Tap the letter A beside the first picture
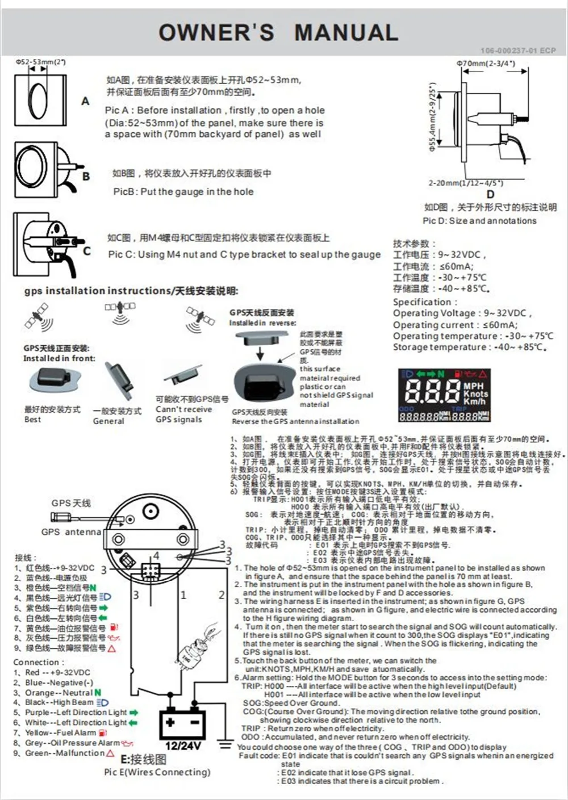(x=85, y=101)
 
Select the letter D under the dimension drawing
(x=490, y=194)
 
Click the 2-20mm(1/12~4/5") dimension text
(x=465, y=183)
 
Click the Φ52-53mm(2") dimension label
(x=40, y=61)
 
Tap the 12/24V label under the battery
(x=183, y=745)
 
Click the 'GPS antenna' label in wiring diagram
(x=71, y=532)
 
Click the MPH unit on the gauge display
(x=474, y=386)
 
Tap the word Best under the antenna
(x=32, y=420)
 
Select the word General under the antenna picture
(x=108, y=421)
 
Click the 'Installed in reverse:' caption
(x=262, y=322)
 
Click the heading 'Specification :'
(x=422, y=302)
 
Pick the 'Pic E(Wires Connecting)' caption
(x=157, y=772)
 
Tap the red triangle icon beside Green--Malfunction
(x=111, y=753)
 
